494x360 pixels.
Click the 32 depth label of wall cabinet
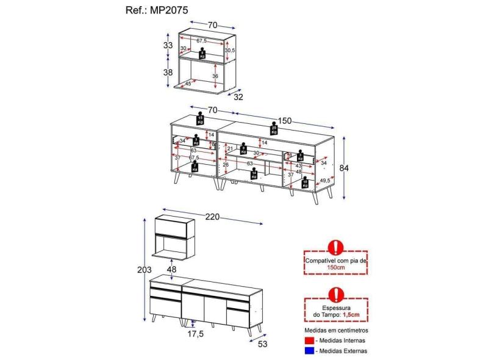(x=237, y=96)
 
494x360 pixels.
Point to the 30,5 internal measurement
(x=229, y=50)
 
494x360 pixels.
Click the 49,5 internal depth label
(x=324, y=180)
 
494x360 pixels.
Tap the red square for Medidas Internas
(x=309, y=340)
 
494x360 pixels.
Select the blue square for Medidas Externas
(x=309, y=351)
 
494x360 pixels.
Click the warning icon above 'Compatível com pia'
(x=335, y=247)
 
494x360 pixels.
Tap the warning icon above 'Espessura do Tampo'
(x=335, y=295)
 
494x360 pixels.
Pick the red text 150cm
(x=335, y=267)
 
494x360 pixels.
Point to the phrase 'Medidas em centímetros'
(x=335, y=329)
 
